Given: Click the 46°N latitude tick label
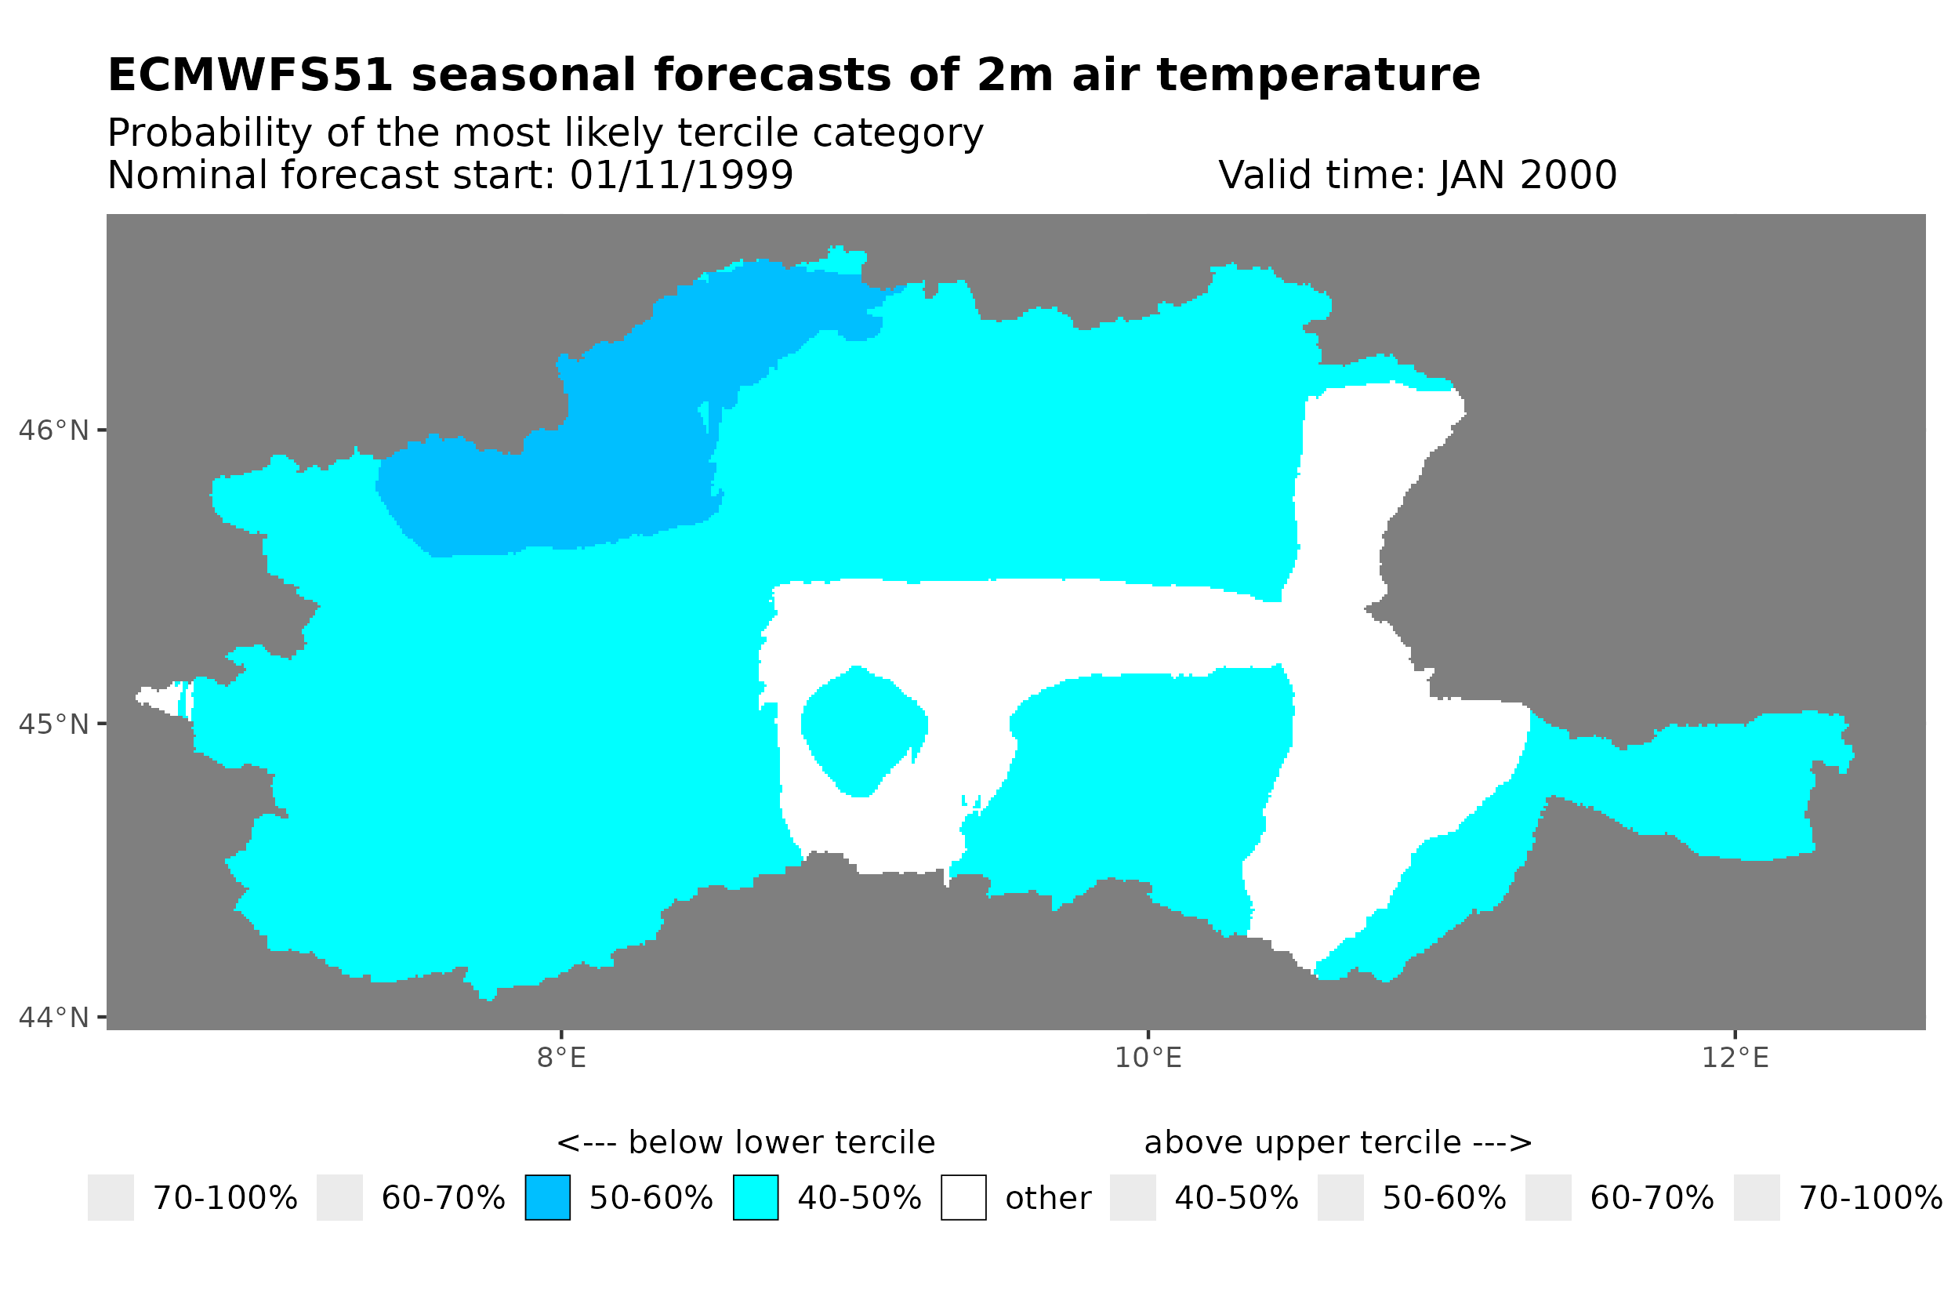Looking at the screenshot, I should point(53,430).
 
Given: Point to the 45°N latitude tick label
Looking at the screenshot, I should point(53,724).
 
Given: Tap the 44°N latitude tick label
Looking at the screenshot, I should point(53,1018).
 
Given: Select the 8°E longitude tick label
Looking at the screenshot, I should point(561,1058).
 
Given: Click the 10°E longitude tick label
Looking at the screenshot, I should point(1148,1058).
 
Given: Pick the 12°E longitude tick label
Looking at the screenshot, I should point(1735,1058).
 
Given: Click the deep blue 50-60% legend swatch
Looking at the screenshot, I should point(547,1198).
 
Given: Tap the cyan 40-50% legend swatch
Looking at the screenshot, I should point(755,1198).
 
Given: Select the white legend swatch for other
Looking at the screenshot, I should point(963,1198).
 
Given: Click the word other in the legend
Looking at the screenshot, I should point(1047,1199).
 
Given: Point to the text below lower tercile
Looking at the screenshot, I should point(745,1143).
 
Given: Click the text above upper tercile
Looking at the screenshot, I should point(1337,1143).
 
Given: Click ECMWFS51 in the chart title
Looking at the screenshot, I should point(250,75).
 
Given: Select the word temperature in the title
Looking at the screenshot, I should point(1318,75).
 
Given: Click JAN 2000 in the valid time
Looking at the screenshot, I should point(1528,175).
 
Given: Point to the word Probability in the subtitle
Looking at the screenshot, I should point(210,133).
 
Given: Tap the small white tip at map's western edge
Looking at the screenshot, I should point(157,699).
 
